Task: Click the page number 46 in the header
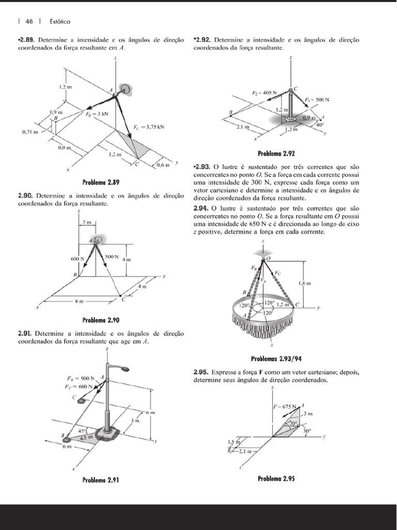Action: pos(29,22)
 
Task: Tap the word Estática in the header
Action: pos(60,22)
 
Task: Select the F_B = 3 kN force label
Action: pos(97,113)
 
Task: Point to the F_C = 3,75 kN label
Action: pos(149,127)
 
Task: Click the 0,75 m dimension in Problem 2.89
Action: pos(30,132)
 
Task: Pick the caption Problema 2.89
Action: pos(101,183)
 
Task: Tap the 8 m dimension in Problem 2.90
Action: pos(79,301)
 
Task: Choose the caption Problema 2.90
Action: pos(101,320)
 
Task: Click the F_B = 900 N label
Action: pos(80,378)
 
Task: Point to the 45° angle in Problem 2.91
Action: pos(82,431)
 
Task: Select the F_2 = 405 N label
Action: pos(264,93)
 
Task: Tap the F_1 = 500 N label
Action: pos(317,100)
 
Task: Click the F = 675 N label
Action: pos(285,406)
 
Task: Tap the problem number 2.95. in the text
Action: pos(201,373)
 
